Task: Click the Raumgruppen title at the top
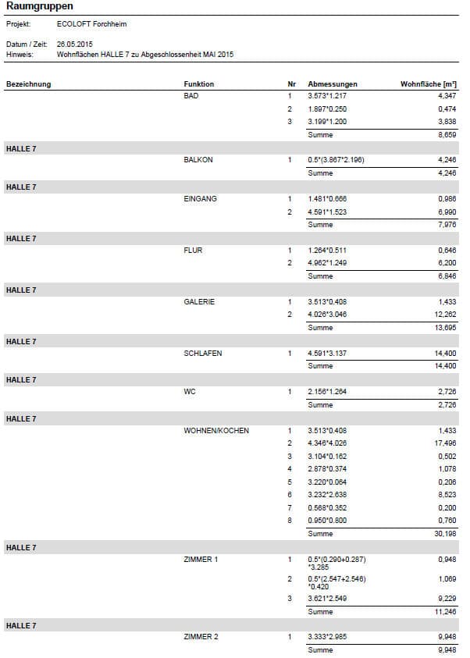tap(40, 6)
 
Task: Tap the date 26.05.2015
tap(75, 45)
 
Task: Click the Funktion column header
tap(198, 84)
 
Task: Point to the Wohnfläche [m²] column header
tap(428, 84)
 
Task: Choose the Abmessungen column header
tap(333, 84)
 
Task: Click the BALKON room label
tap(198, 160)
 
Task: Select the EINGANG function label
tap(200, 199)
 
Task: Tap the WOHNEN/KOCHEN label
tap(216, 431)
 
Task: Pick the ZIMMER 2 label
tap(201, 637)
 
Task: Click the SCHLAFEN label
tap(202, 354)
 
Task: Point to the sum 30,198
tap(444, 534)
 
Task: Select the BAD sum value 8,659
tap(447, 134)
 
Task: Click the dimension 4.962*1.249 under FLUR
tap(333, 263)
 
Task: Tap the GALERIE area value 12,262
tap(444, 315)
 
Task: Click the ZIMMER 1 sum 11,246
tap(444, 612)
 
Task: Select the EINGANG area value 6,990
tap(447, 212)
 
